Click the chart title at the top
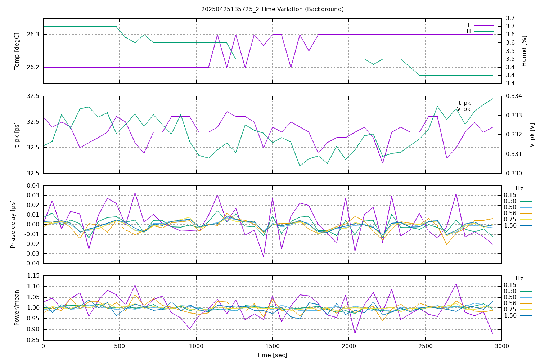tap(272, 9)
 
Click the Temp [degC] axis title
tap(17, 51)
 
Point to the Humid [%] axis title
tap(524, 51)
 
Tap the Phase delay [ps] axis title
tap(13, 224)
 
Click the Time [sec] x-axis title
tap(272, 355)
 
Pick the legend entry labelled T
tap(468, 25)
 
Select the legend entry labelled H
tap(468, 31)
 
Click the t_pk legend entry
tap(464, 103)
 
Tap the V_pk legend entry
tap(464, 109)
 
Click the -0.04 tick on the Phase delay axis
tap(31, 263)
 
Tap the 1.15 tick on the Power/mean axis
tap(33, 276)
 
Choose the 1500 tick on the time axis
tap(272, 346)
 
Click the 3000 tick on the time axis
tap(501, 346)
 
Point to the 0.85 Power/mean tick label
tap(33, 340)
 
